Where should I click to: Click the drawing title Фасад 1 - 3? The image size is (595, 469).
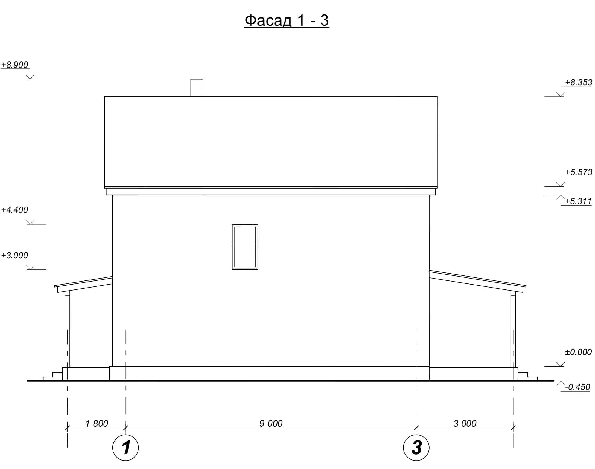287,20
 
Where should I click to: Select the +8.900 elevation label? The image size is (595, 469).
14,65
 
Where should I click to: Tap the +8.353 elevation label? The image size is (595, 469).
579,82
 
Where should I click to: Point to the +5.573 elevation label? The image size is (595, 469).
579,172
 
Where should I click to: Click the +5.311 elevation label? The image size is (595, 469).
578,201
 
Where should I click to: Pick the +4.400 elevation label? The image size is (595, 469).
14,210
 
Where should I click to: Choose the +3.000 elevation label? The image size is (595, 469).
14,255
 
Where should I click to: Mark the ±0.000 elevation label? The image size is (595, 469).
578,352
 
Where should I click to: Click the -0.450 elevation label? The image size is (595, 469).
578,387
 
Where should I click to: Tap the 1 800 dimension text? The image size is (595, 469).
97,423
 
